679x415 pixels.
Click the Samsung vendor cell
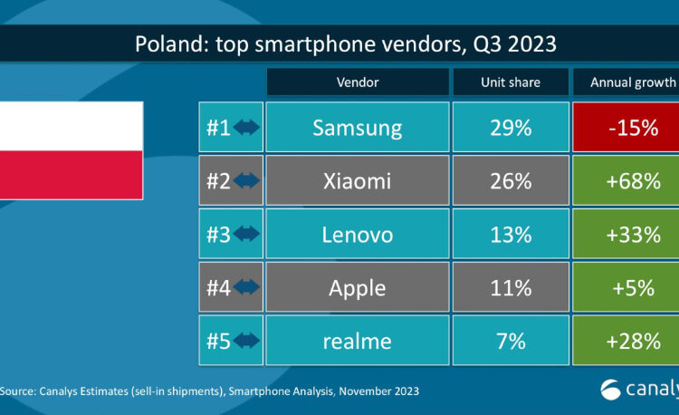coord(357,128)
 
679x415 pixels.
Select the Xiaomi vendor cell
coord(357,181)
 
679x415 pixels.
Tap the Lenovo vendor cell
coord(357,235)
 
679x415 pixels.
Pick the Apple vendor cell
coord(357,288)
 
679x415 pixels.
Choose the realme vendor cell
coord(357,342)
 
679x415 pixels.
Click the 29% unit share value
coord(511,128)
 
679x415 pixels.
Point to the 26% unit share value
coord(511,181)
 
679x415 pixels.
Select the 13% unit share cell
coord(511,235)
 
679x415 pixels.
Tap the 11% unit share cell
coord(511,288)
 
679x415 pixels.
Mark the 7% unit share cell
coord(511,342)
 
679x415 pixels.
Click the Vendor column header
coord(357,82)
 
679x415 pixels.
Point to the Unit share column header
coord(511,82)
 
